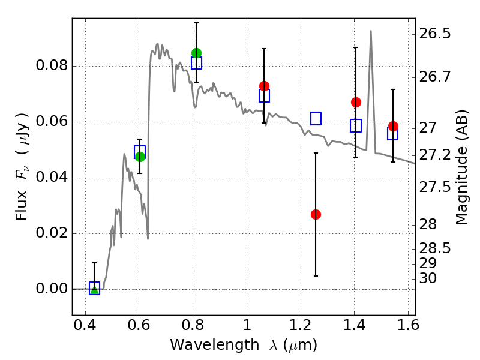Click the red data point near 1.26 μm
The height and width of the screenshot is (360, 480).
[316, 214]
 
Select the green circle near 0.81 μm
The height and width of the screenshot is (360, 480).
[196, 53]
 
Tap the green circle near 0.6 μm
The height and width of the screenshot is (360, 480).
[140, 157]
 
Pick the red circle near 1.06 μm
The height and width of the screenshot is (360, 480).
[264, 86]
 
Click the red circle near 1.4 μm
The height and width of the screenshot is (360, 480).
[356, 102]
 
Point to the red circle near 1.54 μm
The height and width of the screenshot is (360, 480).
[393, 126]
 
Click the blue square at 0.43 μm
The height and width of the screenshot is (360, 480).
[94, 289]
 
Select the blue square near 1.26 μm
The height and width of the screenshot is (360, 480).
[316, 119]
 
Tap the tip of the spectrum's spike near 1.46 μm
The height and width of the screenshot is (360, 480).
[371, 31]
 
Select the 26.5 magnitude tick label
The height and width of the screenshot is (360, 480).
[436, 34]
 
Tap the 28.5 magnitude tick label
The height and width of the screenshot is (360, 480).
[436, 248]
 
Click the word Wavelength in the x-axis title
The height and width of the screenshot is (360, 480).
[203, 345]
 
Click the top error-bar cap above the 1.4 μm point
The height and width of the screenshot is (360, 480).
[356, 47]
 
